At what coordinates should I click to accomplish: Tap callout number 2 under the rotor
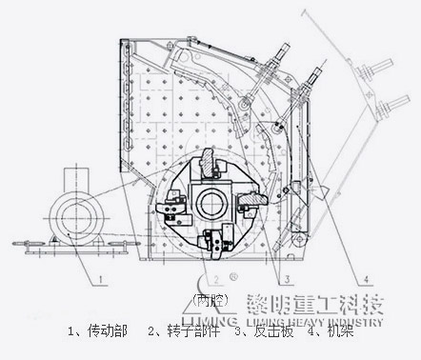[x=216, y=278]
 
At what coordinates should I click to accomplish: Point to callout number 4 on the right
[x=365, y=278]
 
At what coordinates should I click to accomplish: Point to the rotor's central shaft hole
[x=210, y=203]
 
